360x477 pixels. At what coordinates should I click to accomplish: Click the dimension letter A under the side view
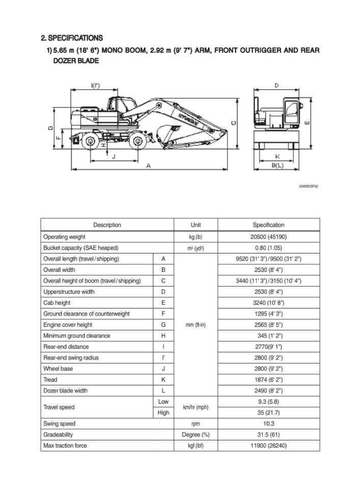[148, 165]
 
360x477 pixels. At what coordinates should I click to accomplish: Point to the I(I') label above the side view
[95, 86]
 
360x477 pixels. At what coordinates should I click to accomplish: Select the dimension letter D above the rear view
[276, 86]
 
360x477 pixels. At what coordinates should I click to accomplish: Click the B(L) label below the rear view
[277, 165]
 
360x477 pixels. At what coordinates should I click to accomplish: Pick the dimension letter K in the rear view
[277, 157]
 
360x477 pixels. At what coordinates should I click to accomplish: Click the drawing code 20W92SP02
[309, 186]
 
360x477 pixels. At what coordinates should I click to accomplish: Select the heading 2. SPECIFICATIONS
[72, 38]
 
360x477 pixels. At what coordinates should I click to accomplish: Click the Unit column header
[196, 225]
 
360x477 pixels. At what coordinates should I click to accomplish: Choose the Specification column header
[268, 225]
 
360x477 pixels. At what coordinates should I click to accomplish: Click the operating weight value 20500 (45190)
[268, 237]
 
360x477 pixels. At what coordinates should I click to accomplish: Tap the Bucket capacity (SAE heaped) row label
[80, 248]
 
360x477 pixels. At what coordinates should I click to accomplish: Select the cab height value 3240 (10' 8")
[268, 303]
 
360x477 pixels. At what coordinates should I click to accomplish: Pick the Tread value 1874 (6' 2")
[268, 380]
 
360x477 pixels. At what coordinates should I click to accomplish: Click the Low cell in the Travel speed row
[163, 402]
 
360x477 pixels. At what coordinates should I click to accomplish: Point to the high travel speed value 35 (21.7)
[268, 413]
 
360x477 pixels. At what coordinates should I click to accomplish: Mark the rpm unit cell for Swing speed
[196, 424]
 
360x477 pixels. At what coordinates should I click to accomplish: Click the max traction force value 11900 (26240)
[268, 446]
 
